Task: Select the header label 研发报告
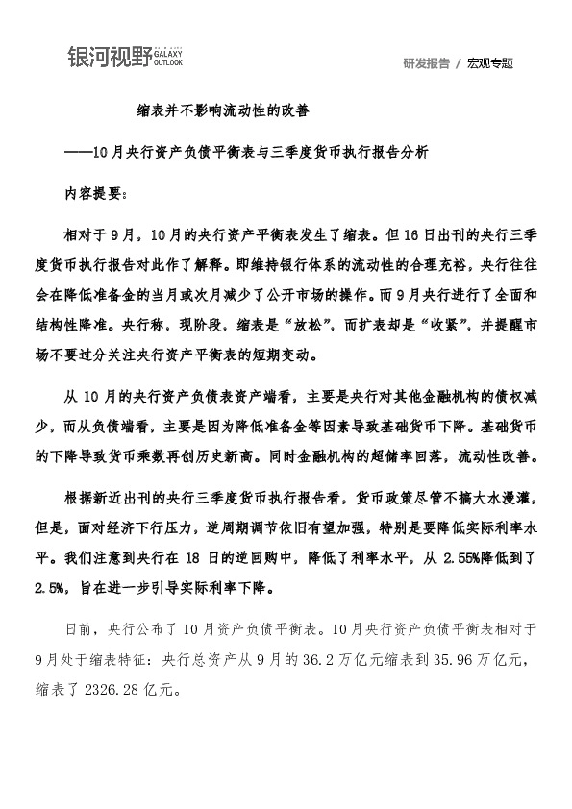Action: point(427,63)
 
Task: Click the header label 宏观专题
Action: point(490,63)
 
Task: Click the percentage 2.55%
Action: point(445,555)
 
